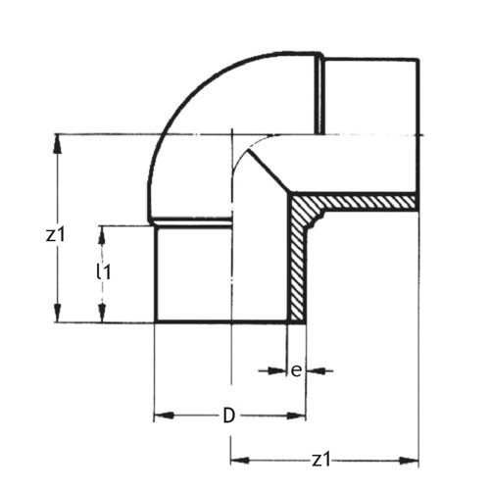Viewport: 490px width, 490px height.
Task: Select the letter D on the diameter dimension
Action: (x=228, y=416)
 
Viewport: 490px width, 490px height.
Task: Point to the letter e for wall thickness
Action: (x=295, y=369)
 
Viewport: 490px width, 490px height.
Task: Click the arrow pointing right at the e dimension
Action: (x=277, y=370)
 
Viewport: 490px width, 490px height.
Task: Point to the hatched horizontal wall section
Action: (x=363, y=202)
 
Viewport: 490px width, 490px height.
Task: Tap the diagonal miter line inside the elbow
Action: (x=270, y=172)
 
